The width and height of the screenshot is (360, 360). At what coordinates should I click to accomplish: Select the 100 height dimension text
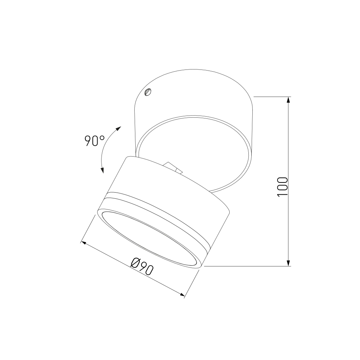click(x=282, y=186)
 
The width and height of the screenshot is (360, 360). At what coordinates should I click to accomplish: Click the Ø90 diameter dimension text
click(x=142, y=266)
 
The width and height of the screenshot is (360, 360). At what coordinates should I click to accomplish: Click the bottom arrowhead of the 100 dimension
click(x=289, y=262)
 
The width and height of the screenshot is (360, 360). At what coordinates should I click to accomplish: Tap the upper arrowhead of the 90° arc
click(x=118, y=129)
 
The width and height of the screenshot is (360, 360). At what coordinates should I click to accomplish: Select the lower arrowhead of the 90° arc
click(x=102, y=170)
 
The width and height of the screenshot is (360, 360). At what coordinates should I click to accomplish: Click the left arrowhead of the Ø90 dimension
click(x=85, y=243)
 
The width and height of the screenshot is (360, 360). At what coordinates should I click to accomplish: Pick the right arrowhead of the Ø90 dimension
click(x=181, y=295)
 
